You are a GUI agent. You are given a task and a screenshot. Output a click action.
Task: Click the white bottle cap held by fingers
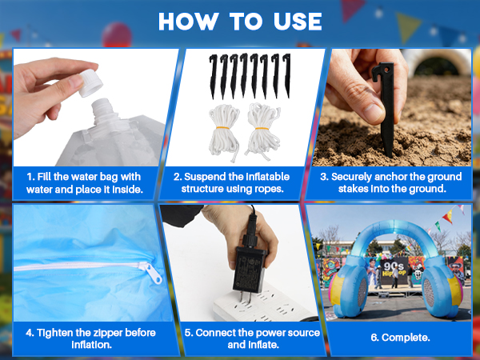click(90, 82)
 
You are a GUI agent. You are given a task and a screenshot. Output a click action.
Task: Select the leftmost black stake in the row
click(214, 76)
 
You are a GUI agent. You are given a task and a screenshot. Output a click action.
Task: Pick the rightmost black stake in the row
click(287, 75)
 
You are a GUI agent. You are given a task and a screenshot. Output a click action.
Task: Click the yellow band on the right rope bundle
click(262, 129)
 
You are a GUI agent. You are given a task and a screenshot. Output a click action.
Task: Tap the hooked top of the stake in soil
click(382, 71)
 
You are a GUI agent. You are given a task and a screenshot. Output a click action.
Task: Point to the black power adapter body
click(250, 270)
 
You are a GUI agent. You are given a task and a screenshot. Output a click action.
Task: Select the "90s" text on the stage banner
click(394, 266)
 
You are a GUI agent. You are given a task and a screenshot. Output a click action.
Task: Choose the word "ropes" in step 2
click(269, 189)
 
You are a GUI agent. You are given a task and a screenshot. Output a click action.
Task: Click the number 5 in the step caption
click(187, 333)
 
